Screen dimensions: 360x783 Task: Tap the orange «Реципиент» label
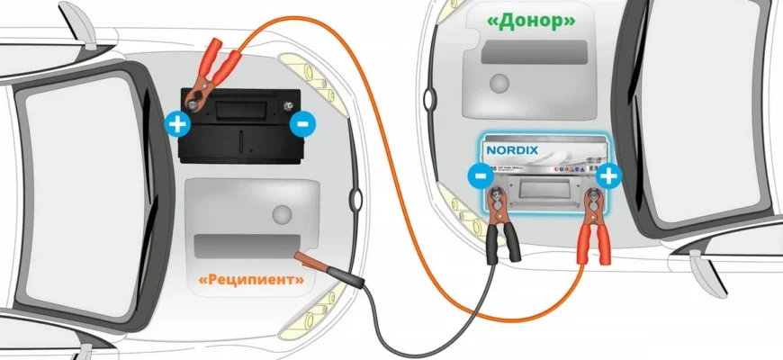click(x=250, y=280)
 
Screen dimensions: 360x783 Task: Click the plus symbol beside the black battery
click(x=176, y=123)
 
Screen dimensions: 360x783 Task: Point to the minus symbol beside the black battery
click(x=302, y=123)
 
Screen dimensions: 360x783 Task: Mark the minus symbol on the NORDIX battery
click(x=478, y=175)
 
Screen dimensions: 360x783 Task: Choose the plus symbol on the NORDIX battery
click(x=608, y=175)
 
